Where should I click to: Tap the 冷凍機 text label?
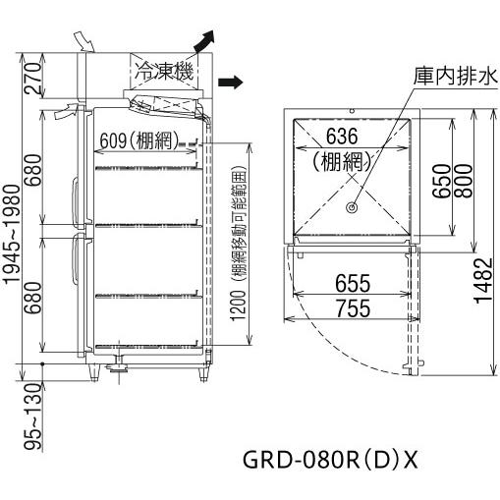pos(165,70)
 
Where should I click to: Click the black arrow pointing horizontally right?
pos(230,82)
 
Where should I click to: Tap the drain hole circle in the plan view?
pos(351,207)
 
